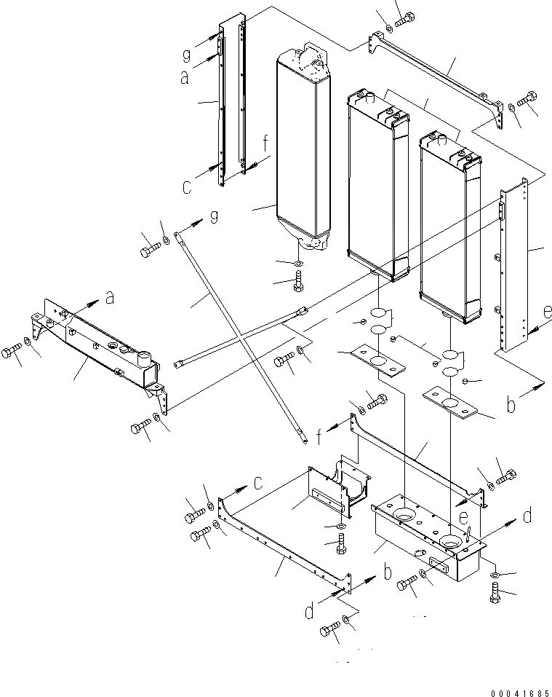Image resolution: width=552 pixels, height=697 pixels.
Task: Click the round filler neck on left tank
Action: [143, 359]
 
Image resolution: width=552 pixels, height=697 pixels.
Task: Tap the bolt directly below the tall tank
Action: [297, 281]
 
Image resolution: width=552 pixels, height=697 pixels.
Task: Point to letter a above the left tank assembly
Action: [110, 296]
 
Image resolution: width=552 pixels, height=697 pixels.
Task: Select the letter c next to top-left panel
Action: [187, 187]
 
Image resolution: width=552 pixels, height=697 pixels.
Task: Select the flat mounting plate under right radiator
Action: [449, 401]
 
